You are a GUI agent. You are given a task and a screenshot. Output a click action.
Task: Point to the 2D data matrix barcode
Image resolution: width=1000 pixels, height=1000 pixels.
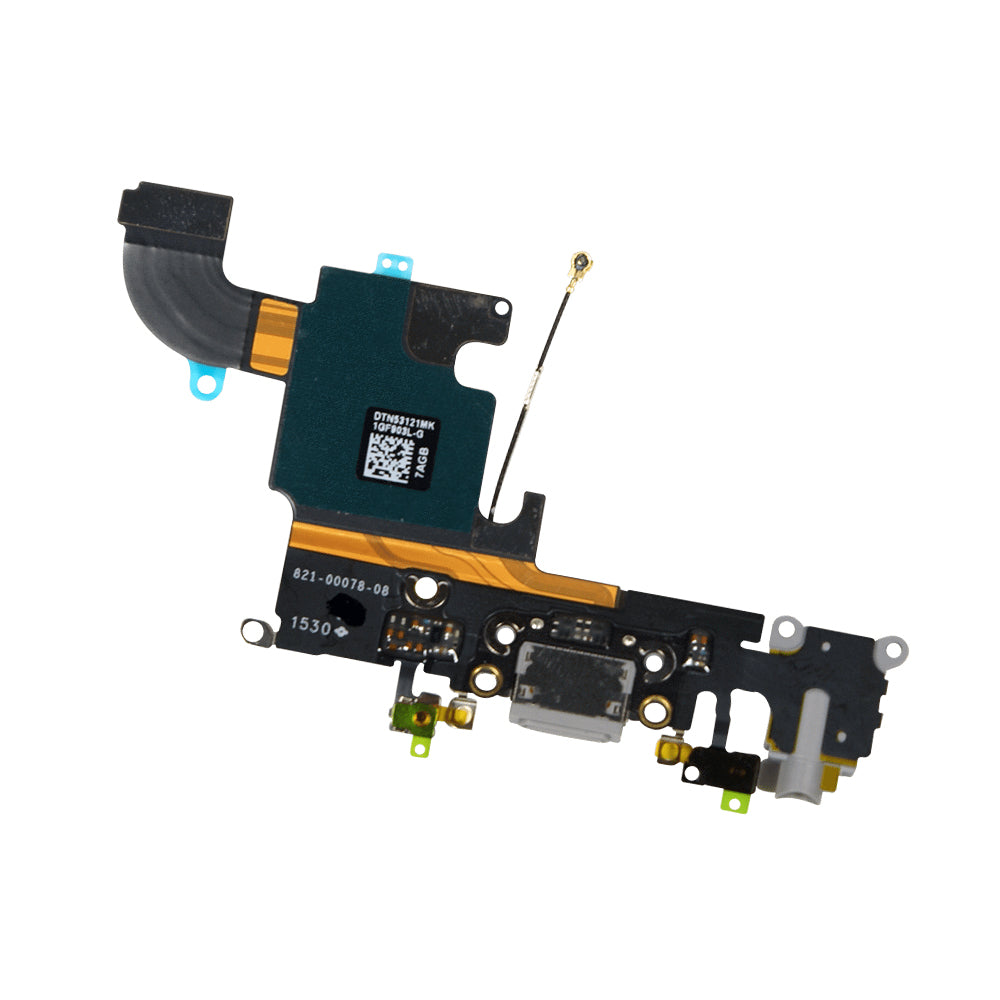[x=385, y=457]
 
